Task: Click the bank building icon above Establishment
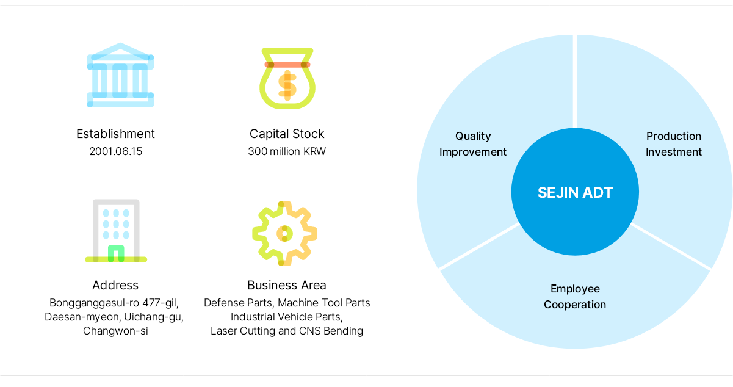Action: (x=120, y=75)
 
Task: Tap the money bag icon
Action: (x=287, y=79)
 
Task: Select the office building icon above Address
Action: (x=116, y=231)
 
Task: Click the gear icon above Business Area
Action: (x=284, y=233)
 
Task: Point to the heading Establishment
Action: (x=115, y=134)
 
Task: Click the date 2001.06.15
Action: (x=115, y=151)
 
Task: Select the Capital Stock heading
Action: (x=287, y=134)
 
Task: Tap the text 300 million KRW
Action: (x=287, y=151)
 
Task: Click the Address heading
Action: (x=115, y=285)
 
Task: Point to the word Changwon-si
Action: (x=115, y=331)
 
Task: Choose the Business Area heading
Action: (x=287, y=285)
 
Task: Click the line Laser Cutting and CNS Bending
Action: (x=287, y=331)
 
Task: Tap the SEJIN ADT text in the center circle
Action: (x=576, y=192)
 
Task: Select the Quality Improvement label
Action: (x=473, y=144)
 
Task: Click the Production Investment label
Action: (x=674, y=144)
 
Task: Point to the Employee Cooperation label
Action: (x=575, y=297)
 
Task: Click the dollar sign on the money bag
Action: (x=287, y=85)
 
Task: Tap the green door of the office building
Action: (x=116, y=253)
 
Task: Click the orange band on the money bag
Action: (x=287, y=65)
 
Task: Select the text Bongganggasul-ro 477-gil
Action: (x=114, y=303)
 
